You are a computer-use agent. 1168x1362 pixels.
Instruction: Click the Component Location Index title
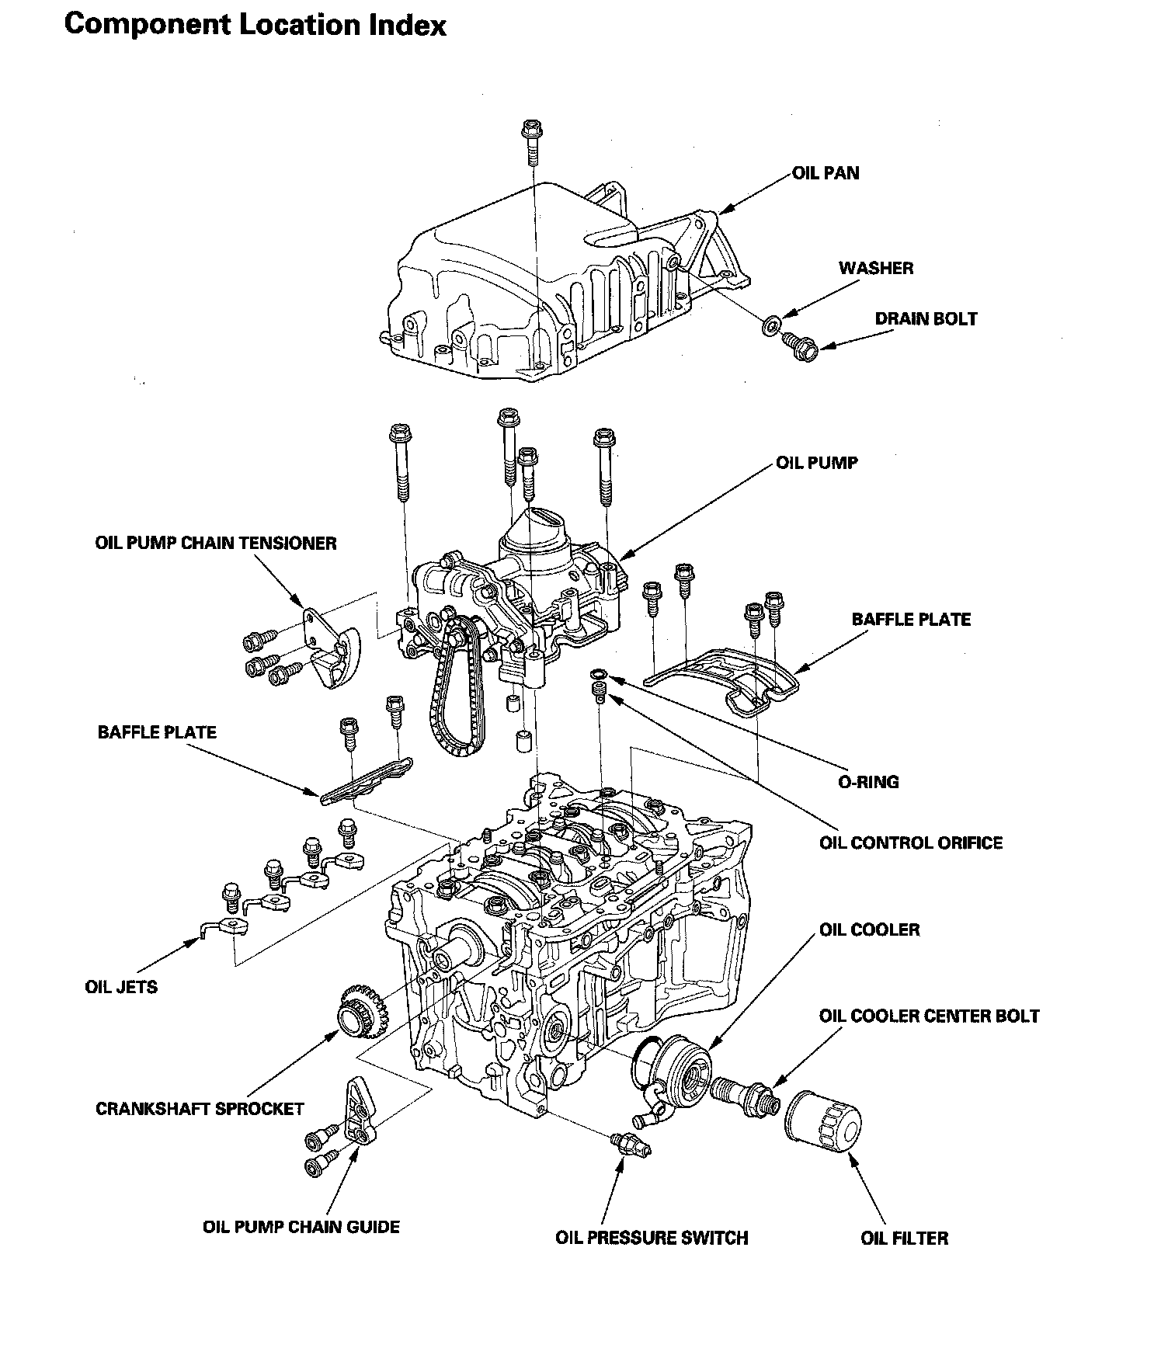pos(255,26)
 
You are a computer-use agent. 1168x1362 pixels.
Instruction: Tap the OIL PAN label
pos(826,173)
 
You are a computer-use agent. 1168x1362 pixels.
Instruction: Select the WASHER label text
pos(875,269)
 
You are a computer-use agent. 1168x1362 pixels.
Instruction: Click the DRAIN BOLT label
pos(926,319)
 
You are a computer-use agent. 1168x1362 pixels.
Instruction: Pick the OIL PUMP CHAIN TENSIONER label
pos(216,543)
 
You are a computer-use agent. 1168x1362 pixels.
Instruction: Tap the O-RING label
pos(868,782)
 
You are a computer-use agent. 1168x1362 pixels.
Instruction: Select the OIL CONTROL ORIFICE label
pos(911,843)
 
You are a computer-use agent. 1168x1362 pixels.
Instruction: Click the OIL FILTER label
pos(904,1238)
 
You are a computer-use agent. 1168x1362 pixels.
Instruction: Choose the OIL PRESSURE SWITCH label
pos(652,1238)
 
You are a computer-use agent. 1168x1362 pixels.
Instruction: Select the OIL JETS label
pos(121,988)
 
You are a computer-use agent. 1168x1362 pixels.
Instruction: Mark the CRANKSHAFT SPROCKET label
pos(200,1109)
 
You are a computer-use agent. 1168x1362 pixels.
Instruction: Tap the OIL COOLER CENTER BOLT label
pos(929,1016)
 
